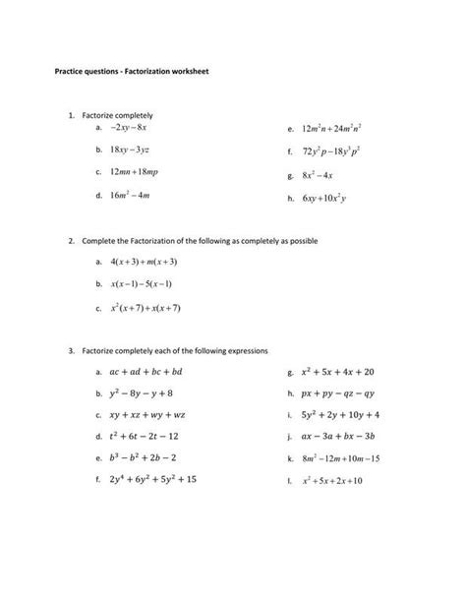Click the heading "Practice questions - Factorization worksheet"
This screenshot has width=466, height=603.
[x=132, y=72]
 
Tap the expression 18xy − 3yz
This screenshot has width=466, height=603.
[x=130, y=151]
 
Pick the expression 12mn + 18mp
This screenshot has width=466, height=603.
[x=134, y=173]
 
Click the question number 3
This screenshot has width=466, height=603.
[x=72, y=350]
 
